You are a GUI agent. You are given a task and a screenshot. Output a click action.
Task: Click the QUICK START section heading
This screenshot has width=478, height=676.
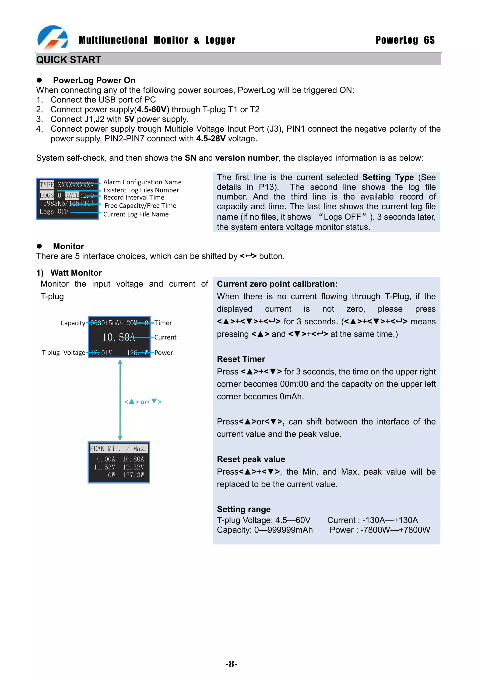click(x=68, y=60)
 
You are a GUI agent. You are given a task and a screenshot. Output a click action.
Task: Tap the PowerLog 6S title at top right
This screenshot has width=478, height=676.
click(x=405, y=40)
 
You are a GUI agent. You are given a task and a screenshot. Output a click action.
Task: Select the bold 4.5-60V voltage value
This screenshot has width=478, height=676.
click(x=151, y=109)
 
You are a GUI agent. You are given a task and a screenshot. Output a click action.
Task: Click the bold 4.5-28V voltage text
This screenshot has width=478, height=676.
click(x=211, y=139)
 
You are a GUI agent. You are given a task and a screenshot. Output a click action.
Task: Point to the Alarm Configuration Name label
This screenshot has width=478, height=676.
click(x=142, y=182)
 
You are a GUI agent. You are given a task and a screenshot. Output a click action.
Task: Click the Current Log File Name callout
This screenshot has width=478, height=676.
click(x=136, y=214)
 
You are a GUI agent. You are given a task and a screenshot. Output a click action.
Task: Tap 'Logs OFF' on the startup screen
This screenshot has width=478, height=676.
click(x=54, y=211)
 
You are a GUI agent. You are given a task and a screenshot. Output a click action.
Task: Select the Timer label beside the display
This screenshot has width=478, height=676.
click(x=163, y=323)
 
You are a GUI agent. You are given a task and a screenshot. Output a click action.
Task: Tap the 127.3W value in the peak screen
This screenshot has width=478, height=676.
click(x=134, y=475)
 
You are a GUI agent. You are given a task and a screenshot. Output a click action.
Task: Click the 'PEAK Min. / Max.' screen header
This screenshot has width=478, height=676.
click(x=118, y=448)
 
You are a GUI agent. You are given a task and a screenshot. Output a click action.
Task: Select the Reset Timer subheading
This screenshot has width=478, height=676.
click(x=241, y=359)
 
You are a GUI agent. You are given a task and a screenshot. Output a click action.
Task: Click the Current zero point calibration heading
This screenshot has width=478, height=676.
click(x=277, y=284)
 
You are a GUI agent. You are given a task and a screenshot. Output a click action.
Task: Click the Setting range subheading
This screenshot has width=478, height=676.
click(x=244, y=509)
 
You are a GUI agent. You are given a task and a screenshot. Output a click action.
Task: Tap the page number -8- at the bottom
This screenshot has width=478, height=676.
click(x=231, y=664)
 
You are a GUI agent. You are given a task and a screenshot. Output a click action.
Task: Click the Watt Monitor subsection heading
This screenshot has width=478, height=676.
click(x=76, y=273)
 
